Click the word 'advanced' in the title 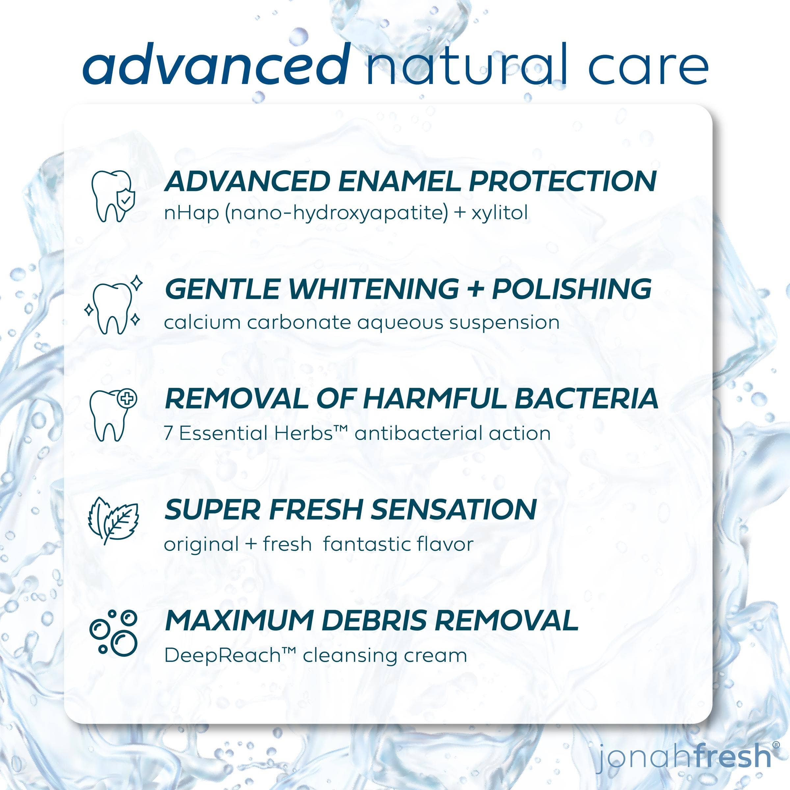pyautogui.click(x=216, y=64)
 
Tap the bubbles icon pyautogui.click(x=113, y=638)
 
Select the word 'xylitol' pyautogui.click(x=499, y=213)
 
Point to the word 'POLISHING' pyautogui.click(x=572, y=289)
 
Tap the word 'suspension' pyautogui.click(x=504, y=323)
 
